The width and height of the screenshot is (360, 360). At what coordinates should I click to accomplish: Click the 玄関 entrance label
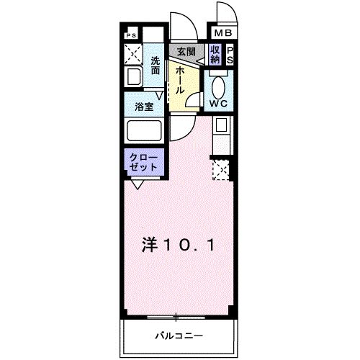click(186, 53)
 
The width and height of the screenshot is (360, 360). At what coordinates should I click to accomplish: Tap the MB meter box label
click(221, 33)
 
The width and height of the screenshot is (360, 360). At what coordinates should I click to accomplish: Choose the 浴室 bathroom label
click(143, 107)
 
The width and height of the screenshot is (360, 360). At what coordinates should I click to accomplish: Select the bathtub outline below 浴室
click(145, 131)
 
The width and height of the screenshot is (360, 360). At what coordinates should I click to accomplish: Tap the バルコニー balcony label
click(177, 336)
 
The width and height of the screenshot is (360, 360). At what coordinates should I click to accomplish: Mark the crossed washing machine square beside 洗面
click(133, 53)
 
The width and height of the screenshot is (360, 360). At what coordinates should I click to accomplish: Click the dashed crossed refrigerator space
click(221, 170)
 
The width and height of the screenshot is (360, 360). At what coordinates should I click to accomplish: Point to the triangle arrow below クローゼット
click(137, 184)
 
